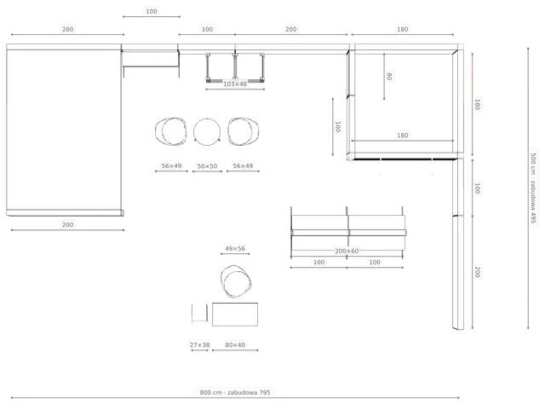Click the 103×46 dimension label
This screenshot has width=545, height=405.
(235, 84)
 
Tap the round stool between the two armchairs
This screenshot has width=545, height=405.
(207, 131)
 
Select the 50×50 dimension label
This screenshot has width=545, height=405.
(207, 166)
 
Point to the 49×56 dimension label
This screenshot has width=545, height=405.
(235, 248)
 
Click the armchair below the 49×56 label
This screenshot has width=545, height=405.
(236, 281)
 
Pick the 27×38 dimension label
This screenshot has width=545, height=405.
(199, 344)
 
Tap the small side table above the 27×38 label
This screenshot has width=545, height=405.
(199, 314)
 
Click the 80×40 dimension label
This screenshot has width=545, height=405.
(235, 344)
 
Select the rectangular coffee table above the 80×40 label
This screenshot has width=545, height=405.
(235, 315)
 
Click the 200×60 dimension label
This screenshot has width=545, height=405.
(347, 251)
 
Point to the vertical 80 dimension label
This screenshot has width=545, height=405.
(389, 76)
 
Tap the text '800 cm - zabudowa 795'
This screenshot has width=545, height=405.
(235, 392)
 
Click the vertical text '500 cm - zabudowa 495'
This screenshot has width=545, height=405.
(534, 188)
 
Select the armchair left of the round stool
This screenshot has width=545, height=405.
(170, 131)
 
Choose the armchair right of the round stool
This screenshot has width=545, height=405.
(243, 131)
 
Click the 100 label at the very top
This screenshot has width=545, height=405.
(152, 11)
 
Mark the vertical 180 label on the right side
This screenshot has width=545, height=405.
(478, 104)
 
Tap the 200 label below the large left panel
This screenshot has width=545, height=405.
(67, 225)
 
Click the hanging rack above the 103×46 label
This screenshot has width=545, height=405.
(235, 67)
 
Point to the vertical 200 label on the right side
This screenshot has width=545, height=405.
(478, 272)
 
